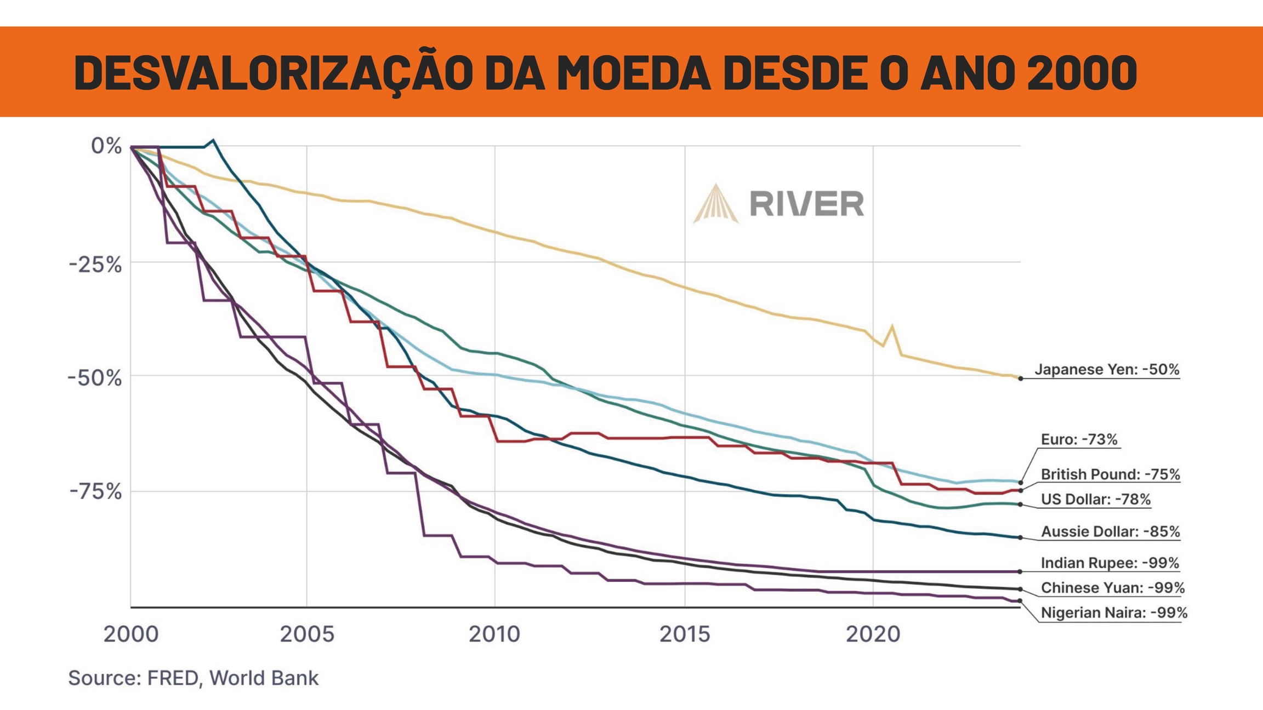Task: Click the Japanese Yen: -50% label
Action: coord(1107,370)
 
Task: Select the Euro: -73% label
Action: coord(1079,439)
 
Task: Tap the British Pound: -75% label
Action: coord(1110,474)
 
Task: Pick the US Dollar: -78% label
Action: coord(1095,500)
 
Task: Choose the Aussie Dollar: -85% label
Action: coord(1110,531)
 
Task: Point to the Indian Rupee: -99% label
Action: coord(1110,563)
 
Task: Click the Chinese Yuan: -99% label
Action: coord(1112,588)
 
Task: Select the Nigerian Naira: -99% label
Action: coord(1114,612)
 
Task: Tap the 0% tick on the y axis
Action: coord(106,146)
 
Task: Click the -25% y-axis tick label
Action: coord(95,265)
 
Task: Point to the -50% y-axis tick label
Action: coord(94,378)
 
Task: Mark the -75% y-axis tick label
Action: coord(95,492)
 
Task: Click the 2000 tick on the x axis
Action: coord(131,634)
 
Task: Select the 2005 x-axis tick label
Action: coord(307,634)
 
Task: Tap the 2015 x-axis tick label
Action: coord(684,634)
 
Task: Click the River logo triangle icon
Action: coord(716,204)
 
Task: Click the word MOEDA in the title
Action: coord(634,73)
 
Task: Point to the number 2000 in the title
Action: coord(1082,73)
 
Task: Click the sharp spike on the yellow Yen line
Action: coord(892,327)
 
